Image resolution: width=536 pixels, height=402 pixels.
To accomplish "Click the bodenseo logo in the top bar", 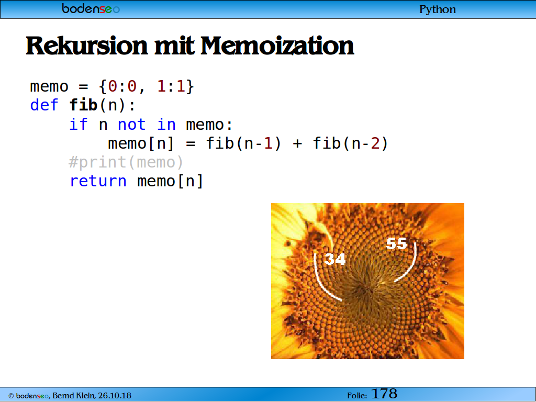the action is (91, 8).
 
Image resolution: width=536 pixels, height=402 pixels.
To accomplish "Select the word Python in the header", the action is (438, 9).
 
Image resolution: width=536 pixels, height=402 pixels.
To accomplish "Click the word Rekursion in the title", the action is (87, 46).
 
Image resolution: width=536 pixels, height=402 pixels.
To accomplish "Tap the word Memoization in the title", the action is (277, 46).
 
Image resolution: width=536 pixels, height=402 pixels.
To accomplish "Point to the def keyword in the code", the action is (44, 105).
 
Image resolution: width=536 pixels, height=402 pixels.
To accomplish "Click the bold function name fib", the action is (83, 105).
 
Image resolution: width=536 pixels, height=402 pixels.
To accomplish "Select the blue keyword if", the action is (79, 124).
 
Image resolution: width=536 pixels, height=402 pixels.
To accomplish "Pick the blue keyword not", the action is (131, 125).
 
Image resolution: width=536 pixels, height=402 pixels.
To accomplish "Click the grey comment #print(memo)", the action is (126, 162).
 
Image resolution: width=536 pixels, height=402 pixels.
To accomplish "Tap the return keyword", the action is (98, 181).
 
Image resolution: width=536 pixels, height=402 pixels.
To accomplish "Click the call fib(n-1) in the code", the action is (244, 143).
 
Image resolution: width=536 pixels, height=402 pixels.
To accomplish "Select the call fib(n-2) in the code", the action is (351, 143).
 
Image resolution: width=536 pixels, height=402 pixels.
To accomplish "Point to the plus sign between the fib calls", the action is (297, 144).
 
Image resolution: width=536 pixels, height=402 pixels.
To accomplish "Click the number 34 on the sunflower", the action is (335, 259).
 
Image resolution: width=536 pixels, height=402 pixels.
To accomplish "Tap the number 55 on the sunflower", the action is (396, 244).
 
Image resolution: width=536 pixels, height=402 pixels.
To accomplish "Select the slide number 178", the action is (384, 394).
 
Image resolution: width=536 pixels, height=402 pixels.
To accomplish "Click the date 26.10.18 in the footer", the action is (115, 396).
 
